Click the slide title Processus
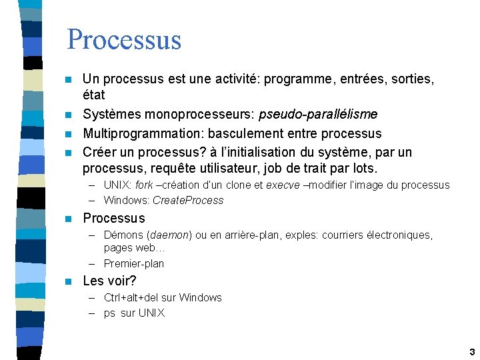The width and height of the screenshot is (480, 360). pyautogui.click(x=124, y=39)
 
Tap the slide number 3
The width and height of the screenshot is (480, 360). pyautogui.click(x=471, y=351)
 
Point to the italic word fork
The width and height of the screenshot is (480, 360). pyautogui.click(x=144, y=185)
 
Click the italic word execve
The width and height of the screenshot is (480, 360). pyautogui.click(x=283, y=185)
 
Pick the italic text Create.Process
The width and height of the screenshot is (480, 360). pyautogui.click(x=188, y=200)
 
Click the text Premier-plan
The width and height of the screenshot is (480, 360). pyautogui.click(x=134, y=263)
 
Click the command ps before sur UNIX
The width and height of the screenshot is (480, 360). pyautogui.click(x=109, y=313)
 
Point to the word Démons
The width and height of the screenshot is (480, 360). pyautogui.click(x=124, y=235)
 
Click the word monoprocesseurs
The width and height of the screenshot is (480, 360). pyautogui.click(x=201, y=115)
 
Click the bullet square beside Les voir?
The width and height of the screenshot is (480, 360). pyautogui.click(x=68, y=281)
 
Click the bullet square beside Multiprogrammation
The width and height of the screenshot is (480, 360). pyautogui.click(x=68, y=134)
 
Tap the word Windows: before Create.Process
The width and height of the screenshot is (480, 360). pyautogui.click(x=127, y=200)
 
